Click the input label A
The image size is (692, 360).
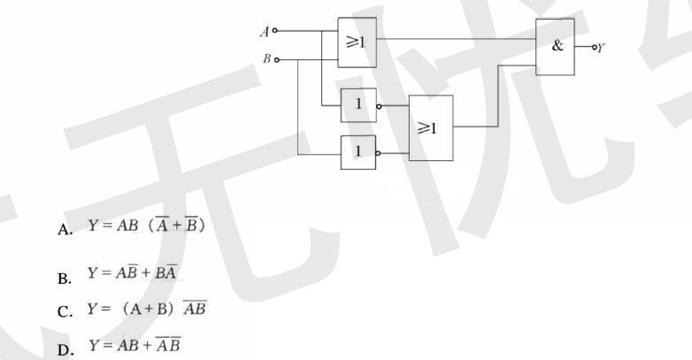pos(264,31)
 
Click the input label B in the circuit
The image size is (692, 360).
pos(265,59)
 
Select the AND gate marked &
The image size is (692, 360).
pos(555,47)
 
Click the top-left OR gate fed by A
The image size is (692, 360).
pos(357,42)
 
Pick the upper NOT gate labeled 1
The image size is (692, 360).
pos(358,105)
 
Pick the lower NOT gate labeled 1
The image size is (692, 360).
pos(358,151)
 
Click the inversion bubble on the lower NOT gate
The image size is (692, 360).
pos(380,152)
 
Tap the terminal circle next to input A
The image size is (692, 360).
pos(275,31)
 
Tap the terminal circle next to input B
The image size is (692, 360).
pos(277,60)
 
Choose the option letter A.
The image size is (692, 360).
pos(65,230)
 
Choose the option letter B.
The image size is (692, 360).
pos(65,278)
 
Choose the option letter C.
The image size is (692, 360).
pos(65,311)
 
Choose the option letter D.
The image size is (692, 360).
pos(65,348)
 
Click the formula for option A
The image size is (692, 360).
pos(146,226)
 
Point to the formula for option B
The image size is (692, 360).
pos(132,275)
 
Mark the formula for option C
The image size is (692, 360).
pos(146,310)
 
